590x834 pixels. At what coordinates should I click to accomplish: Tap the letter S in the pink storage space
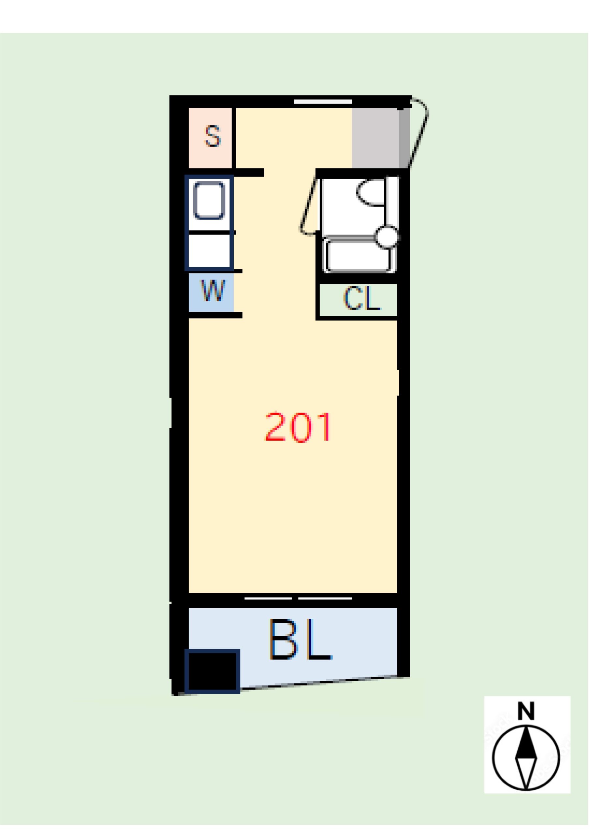(x=213, y=136)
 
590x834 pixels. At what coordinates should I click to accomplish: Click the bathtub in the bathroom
(x=359, y=256)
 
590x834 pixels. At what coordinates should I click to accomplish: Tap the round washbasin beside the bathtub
(x=387, y=237)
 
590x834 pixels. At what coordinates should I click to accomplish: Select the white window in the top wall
(x=323, y=102)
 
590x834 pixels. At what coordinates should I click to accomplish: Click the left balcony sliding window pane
(x=268, y=598)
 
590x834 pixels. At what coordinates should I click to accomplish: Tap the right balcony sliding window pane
(x=325, y=598)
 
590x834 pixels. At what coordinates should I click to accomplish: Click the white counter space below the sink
(x=209, y=251)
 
